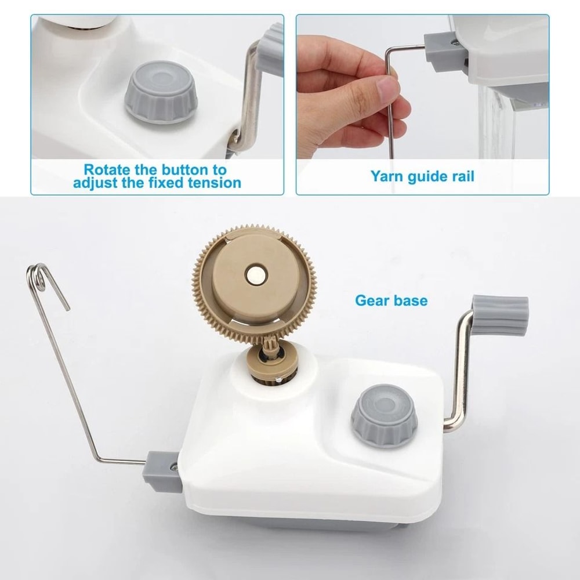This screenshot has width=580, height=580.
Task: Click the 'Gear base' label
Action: [391, 300]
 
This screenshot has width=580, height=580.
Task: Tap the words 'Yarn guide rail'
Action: [422, 176]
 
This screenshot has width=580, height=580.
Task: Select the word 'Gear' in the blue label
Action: [372, 300]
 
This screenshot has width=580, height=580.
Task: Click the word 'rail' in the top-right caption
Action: [461, 176]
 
